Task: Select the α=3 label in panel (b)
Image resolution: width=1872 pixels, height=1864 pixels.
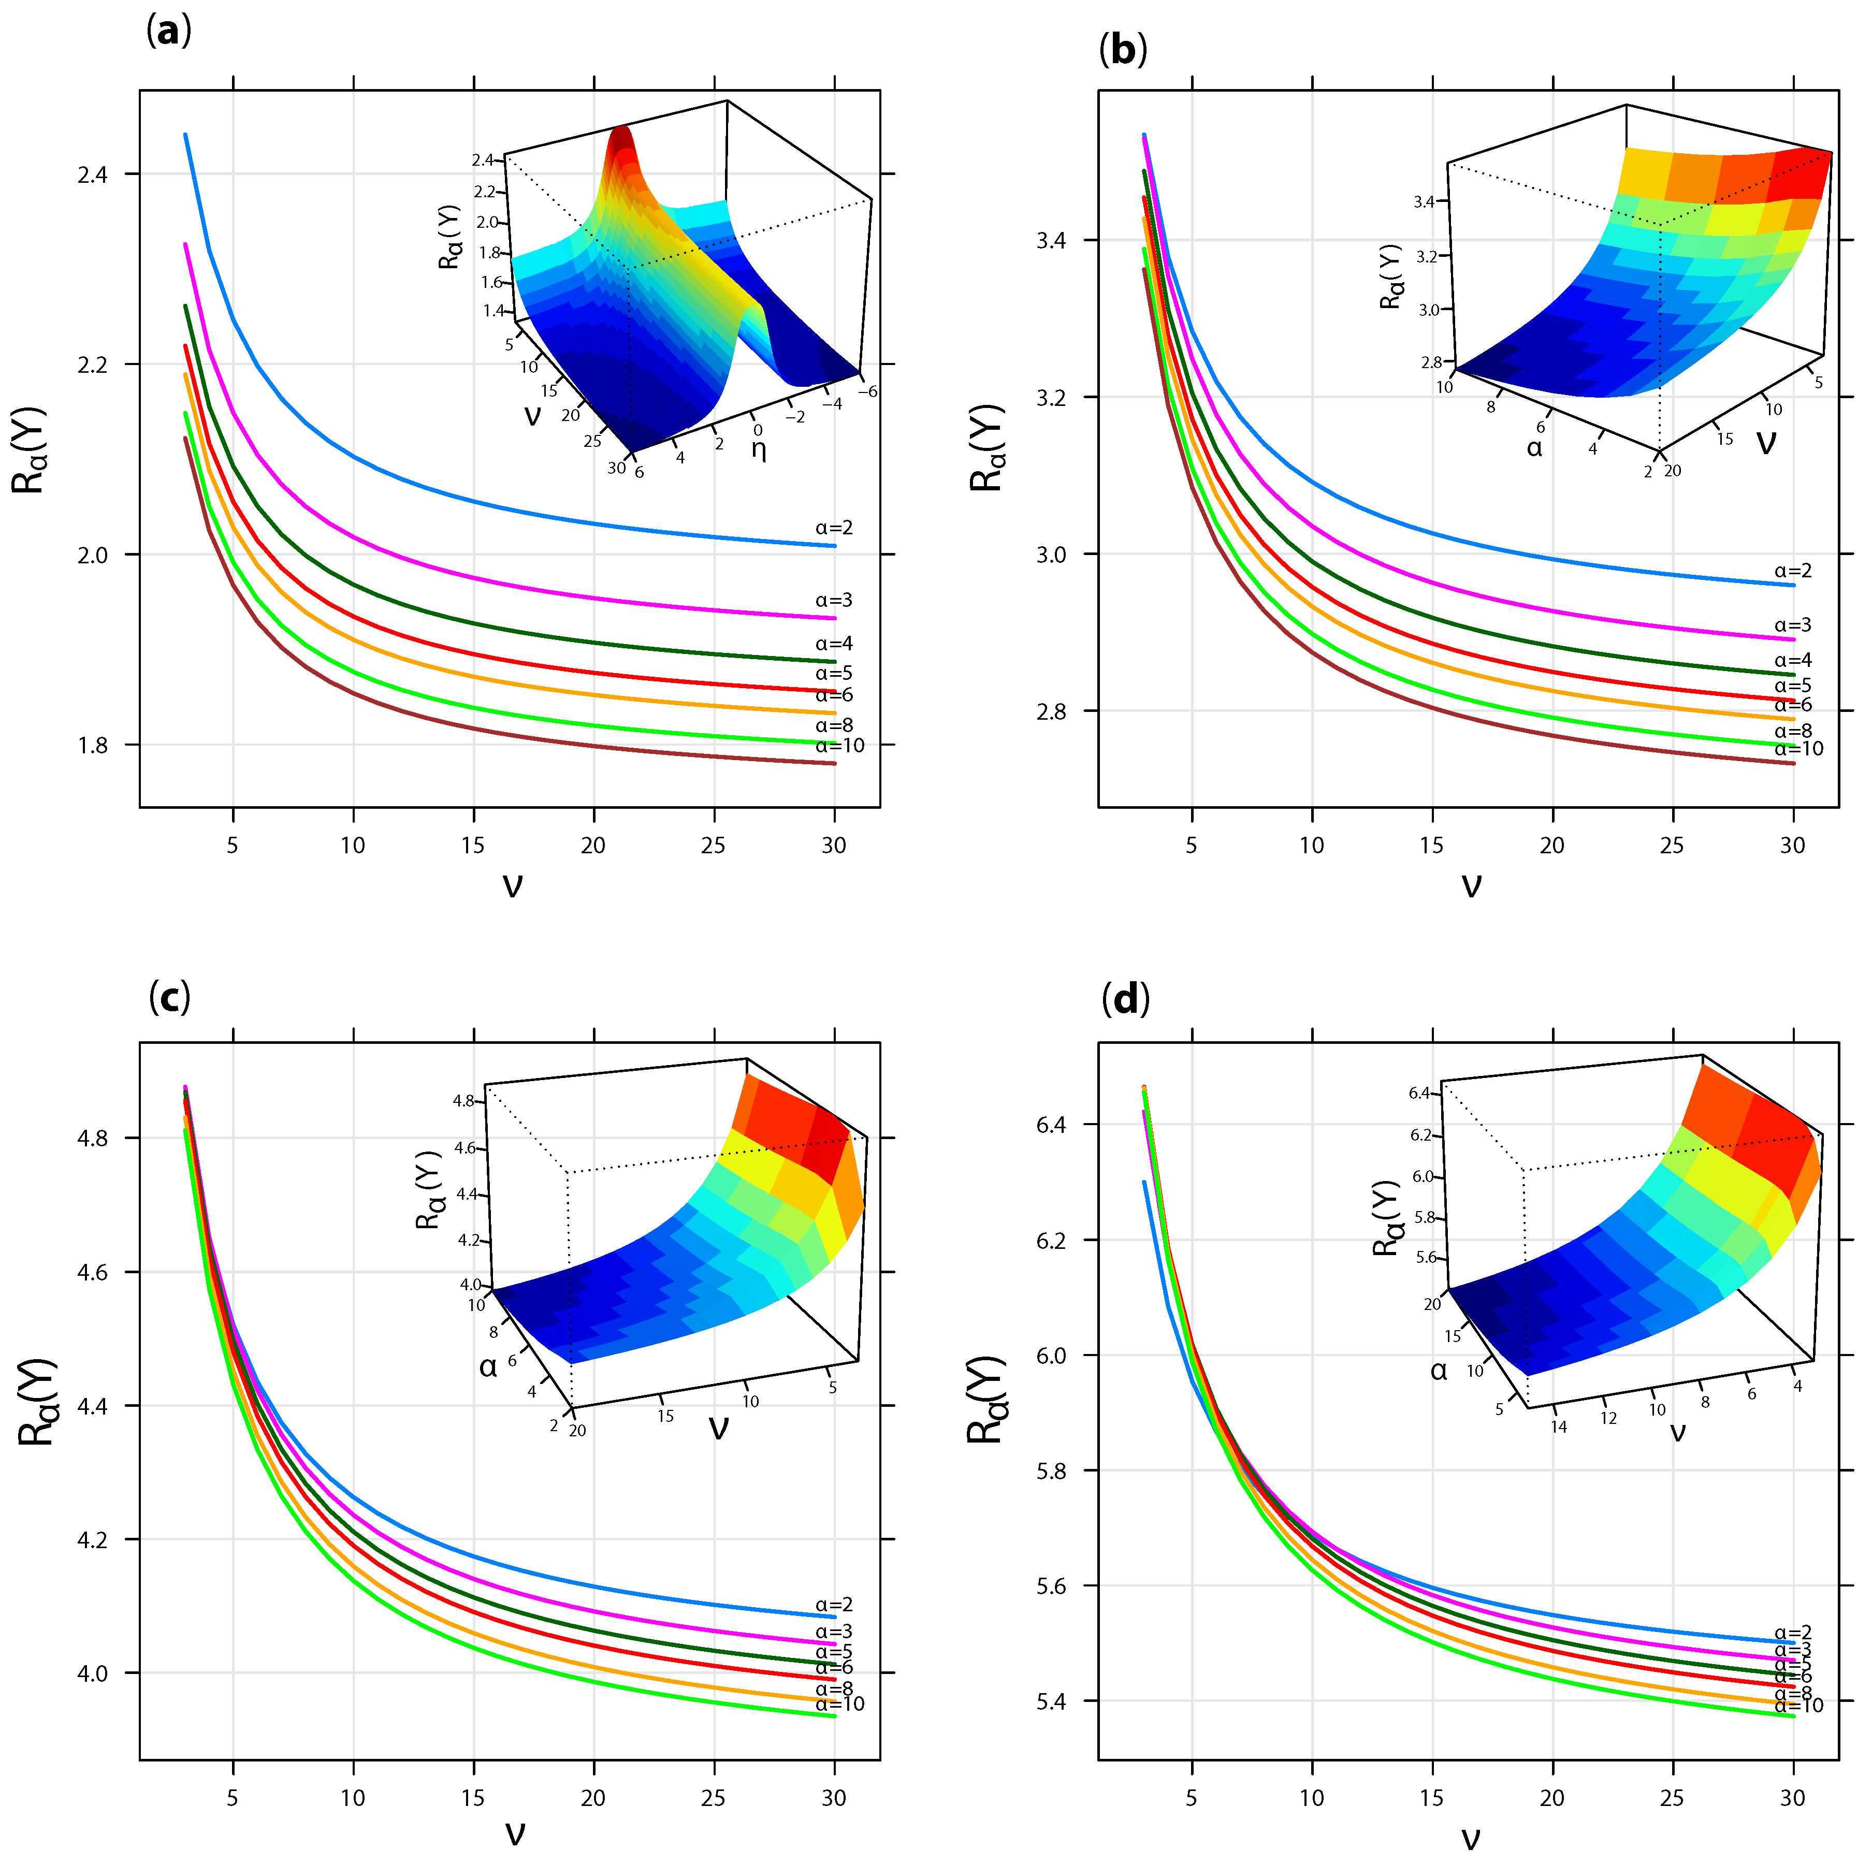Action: click(1793, 625)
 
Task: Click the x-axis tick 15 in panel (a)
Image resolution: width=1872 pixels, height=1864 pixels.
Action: click(473, 845)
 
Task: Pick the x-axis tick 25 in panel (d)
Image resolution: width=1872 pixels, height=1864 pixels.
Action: click(1673, 1797)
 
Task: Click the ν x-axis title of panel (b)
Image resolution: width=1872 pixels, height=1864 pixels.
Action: click(1471, 883)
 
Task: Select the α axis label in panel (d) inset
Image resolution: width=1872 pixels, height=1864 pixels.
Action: click(1439, 1371)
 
